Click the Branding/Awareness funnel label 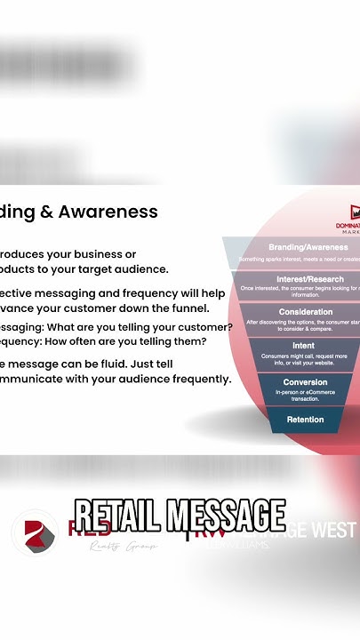308,247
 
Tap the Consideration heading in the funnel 306,312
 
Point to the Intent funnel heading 303,346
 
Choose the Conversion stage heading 305,382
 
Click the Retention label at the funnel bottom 305,420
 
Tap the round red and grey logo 35,532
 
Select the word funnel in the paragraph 188,308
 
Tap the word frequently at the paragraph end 196,379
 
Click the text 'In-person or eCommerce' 305,392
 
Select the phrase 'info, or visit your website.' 303,363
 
